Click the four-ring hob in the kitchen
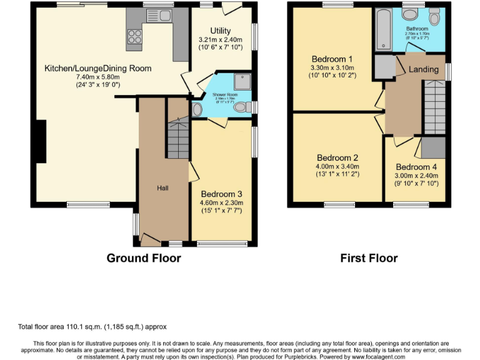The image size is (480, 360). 134,39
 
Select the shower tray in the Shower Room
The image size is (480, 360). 241,81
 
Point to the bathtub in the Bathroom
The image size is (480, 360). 383,30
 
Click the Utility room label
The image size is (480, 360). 220,31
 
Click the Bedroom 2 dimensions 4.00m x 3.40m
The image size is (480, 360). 337,166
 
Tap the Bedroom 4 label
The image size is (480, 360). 416,167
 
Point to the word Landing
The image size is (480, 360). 423,69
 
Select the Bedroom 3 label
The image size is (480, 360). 221,193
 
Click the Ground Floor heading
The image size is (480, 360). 144,258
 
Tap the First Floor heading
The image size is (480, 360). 369,258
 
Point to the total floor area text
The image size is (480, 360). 92,327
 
